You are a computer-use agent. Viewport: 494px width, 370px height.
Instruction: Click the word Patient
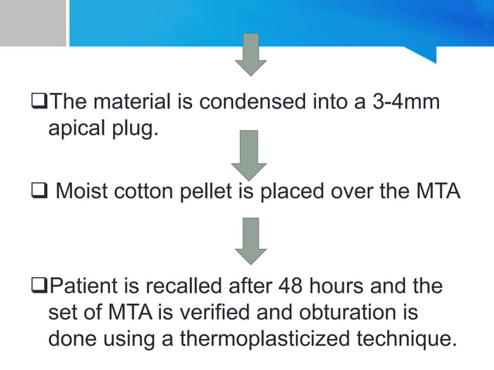click(x=85, y=287)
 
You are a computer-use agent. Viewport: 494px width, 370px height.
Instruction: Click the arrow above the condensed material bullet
click(x=249, y=55)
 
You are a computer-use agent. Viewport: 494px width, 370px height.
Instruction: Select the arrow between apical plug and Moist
click(x=249, y=156)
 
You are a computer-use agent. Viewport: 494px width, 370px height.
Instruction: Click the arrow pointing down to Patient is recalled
click(x=249, y=239)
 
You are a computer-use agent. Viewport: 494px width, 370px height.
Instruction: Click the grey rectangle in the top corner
click(x=33, y=22)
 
